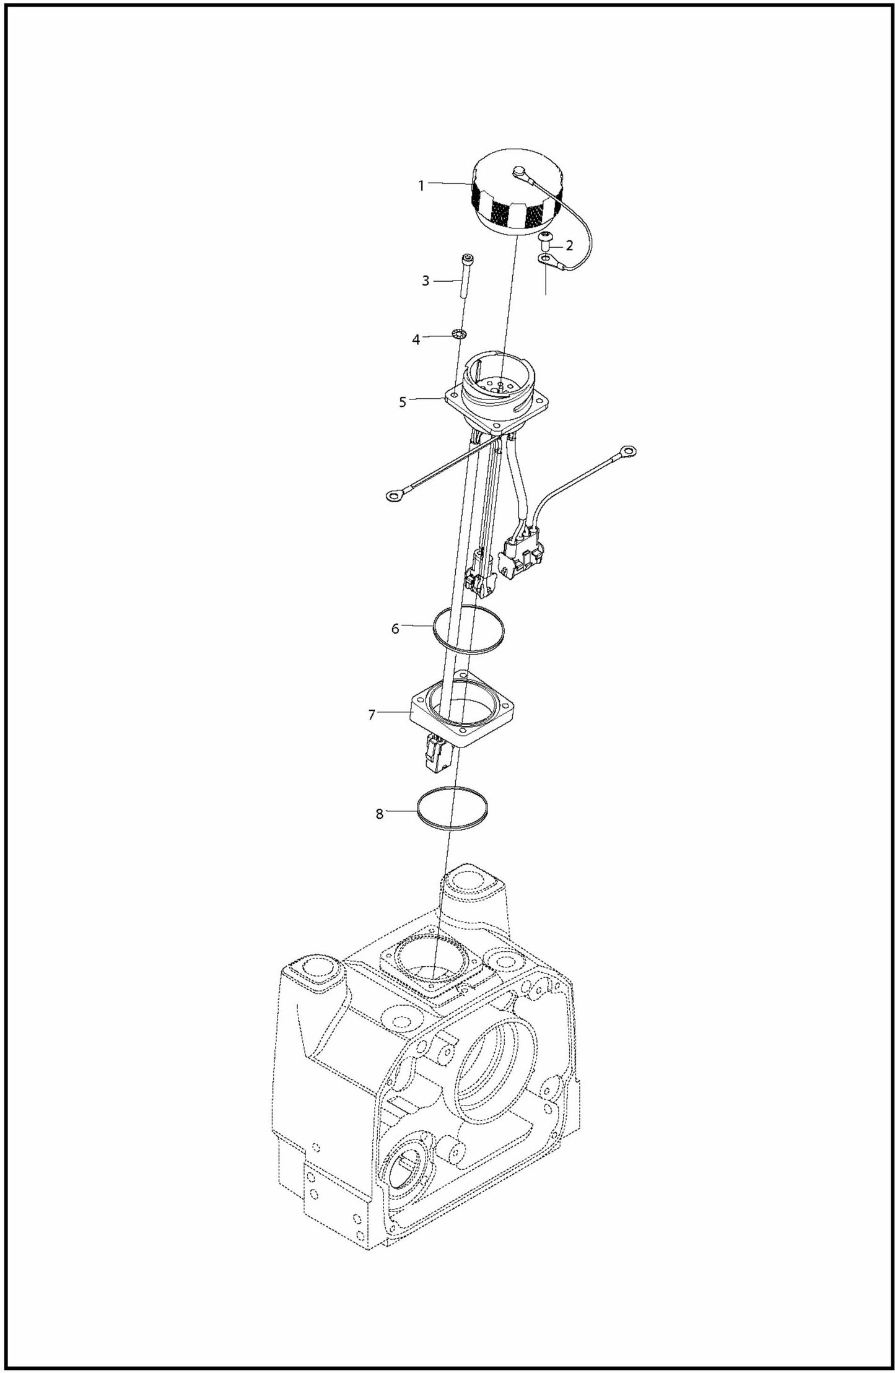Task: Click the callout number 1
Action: (421, 186)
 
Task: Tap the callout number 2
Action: (569, 245)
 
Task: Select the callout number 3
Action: (426, 281)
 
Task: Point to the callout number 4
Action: (416, 339)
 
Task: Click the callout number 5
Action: (403, 402)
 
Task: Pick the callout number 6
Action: (395, 629)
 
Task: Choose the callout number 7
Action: (372, 715)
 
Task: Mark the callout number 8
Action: (380, 814)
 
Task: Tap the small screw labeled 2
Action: (546, 239)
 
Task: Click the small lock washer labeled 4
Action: (459, 335)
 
